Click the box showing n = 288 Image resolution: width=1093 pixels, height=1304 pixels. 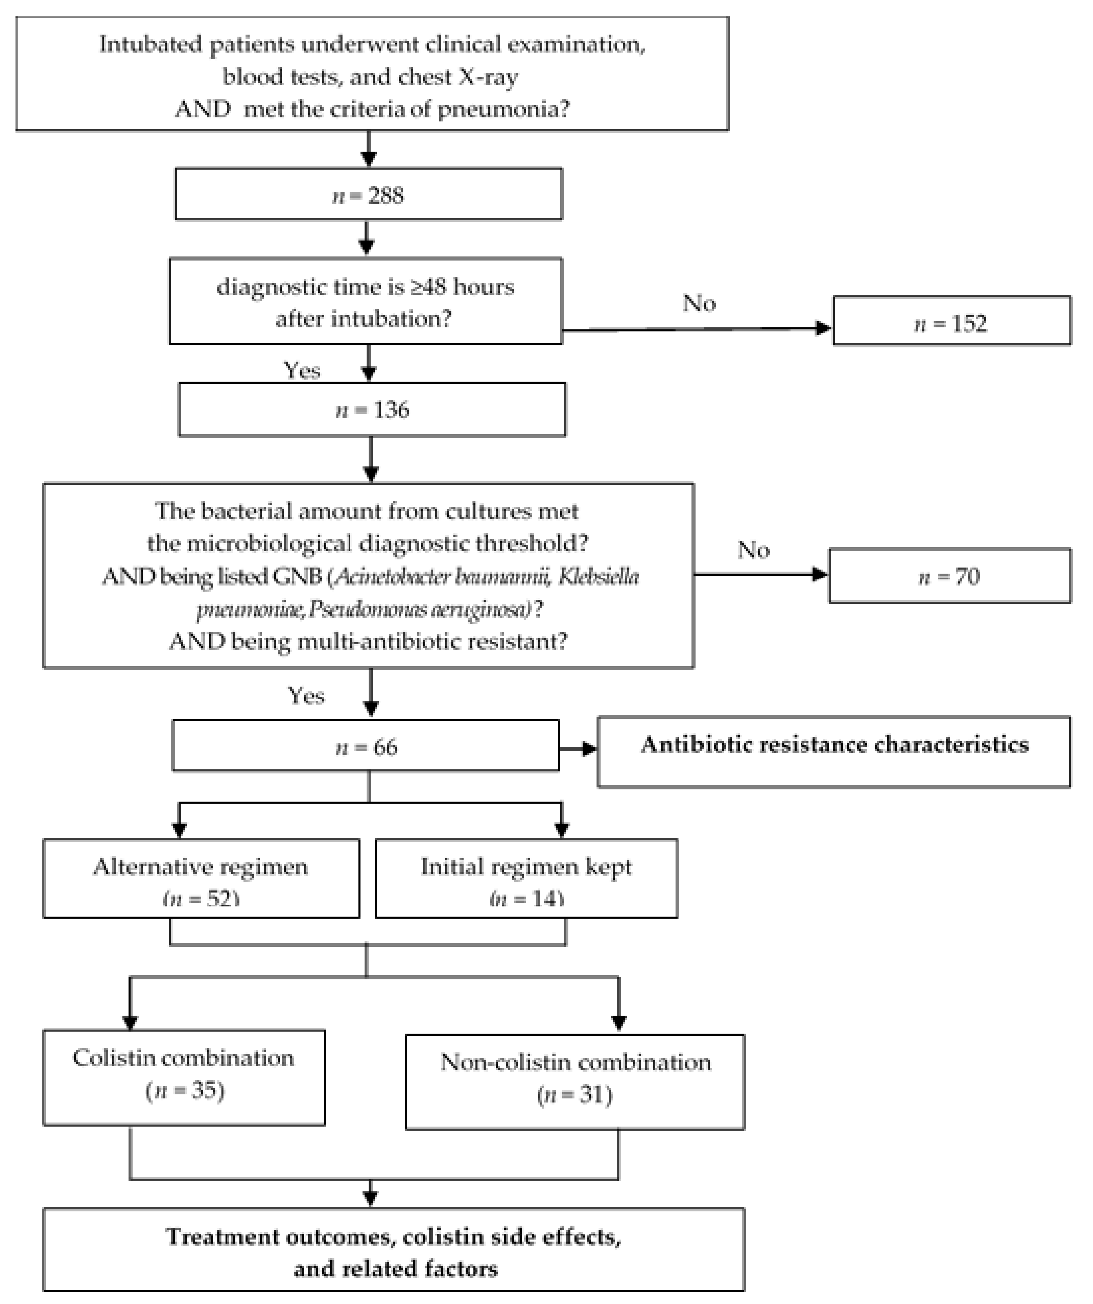[369, 194]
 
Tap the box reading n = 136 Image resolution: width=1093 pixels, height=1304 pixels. [372, 410]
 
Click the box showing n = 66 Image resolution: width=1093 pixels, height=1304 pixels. [366, 746]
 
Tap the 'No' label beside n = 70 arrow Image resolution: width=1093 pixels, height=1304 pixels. [753, 550]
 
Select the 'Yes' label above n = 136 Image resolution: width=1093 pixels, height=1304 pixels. [301, 370]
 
